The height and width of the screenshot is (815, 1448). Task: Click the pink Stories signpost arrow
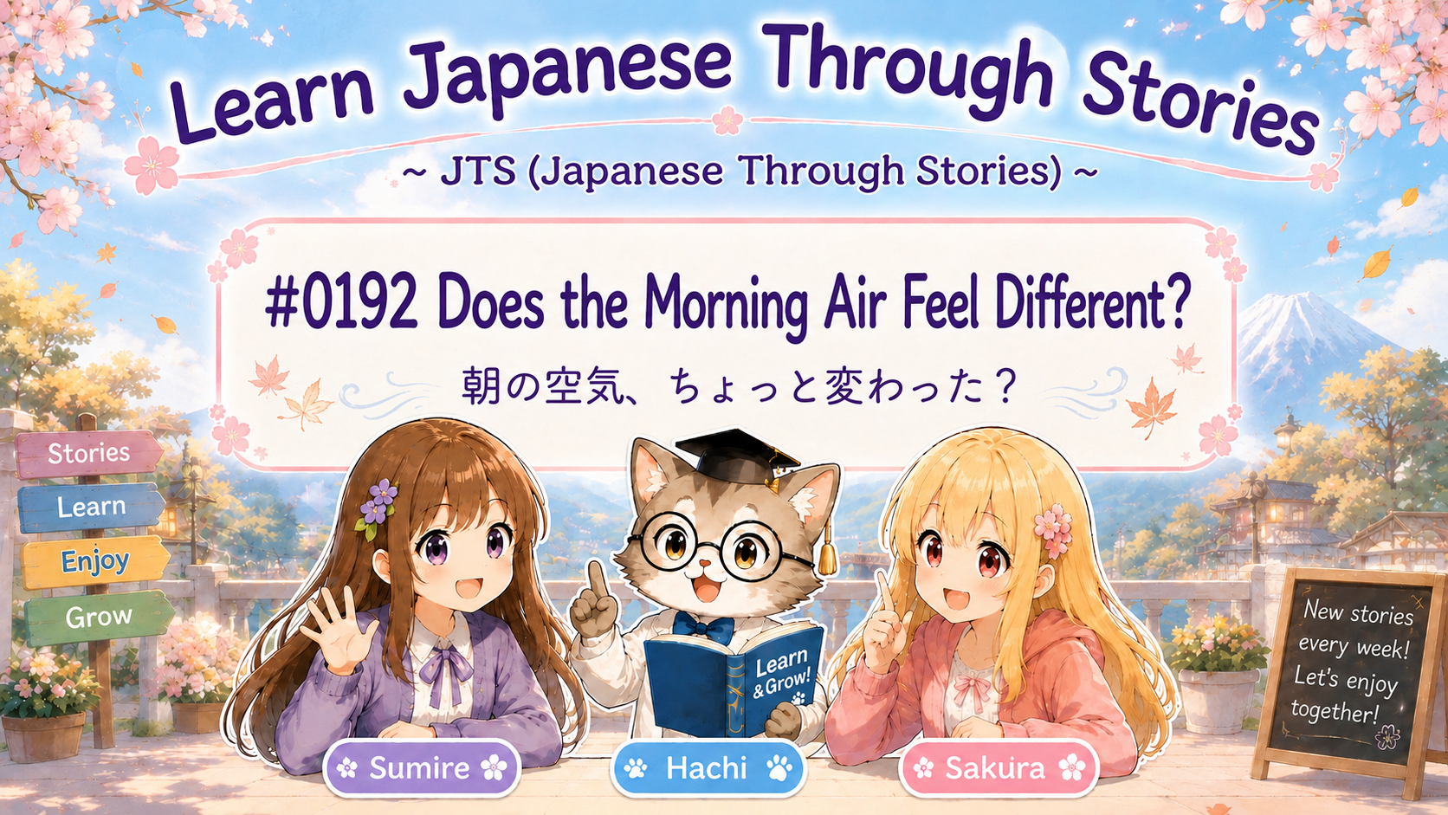[x=89, y=453]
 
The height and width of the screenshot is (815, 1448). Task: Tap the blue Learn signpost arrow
[x=91, y=507]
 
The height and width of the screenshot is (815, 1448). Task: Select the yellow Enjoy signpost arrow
[x=95, y=561]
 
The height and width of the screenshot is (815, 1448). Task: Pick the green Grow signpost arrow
[x=99, y=617]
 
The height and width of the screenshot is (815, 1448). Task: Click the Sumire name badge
[x=422, y=768]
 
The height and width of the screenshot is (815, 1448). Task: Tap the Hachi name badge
[x=708, y=768]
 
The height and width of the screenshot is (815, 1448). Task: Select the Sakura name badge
[x=998, y=768]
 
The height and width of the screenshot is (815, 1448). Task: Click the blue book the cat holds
[x=734, y=679]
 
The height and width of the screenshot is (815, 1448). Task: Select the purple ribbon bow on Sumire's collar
[x=446, y=669]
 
